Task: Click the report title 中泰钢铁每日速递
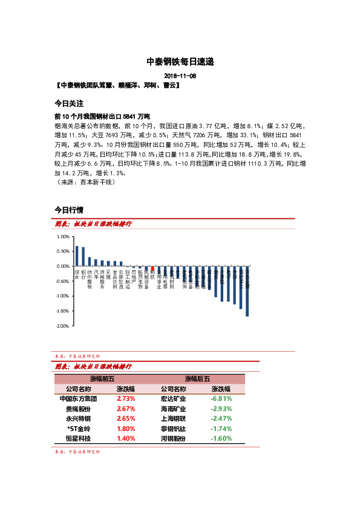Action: point(180,62)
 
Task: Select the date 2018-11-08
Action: point(180,76)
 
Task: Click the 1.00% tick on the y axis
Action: point(63,236)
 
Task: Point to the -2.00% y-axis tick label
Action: point(62,326)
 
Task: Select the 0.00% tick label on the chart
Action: point(63,266)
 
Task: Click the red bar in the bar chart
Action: point(152,268)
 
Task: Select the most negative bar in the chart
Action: point(247,291)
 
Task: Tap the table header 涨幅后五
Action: point(198,379)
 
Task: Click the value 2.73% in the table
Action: point(126,399)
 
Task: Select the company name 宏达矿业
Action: point(173,399)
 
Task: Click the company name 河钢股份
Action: point(173,438)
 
